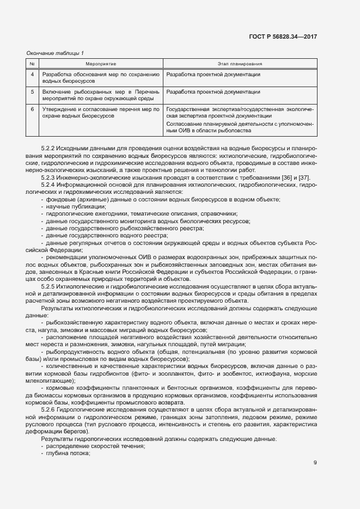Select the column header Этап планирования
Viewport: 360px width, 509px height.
click(x=240, y=64)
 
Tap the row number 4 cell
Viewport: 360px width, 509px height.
click(x=32, y=75)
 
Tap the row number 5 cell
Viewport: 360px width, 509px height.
click(x=32, y=92)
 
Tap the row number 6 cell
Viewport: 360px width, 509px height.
click(x=32, y=109)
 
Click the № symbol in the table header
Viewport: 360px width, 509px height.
click(x=32, y=64)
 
